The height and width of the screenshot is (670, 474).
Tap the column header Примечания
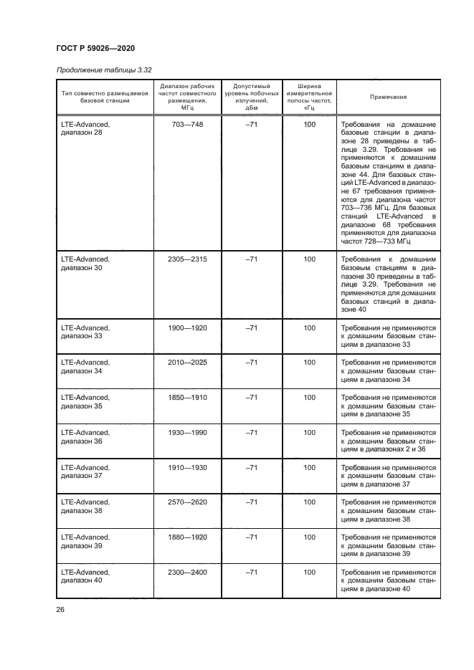pos(388,97)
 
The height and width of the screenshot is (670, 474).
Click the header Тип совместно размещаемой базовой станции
pos(105,97)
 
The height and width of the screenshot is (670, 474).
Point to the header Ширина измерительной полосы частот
pos(309,97)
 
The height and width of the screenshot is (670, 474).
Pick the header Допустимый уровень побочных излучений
pos(251,97)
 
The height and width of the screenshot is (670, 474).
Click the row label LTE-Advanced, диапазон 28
pos(85,129)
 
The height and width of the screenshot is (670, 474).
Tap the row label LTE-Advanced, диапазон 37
pos(85,472)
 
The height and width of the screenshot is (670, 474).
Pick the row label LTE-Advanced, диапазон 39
pos(85,542)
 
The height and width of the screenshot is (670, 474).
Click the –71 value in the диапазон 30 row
pos(251,259)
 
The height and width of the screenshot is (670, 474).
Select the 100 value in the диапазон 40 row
pos(309,573)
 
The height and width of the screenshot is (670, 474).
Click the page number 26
pos(60,610)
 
